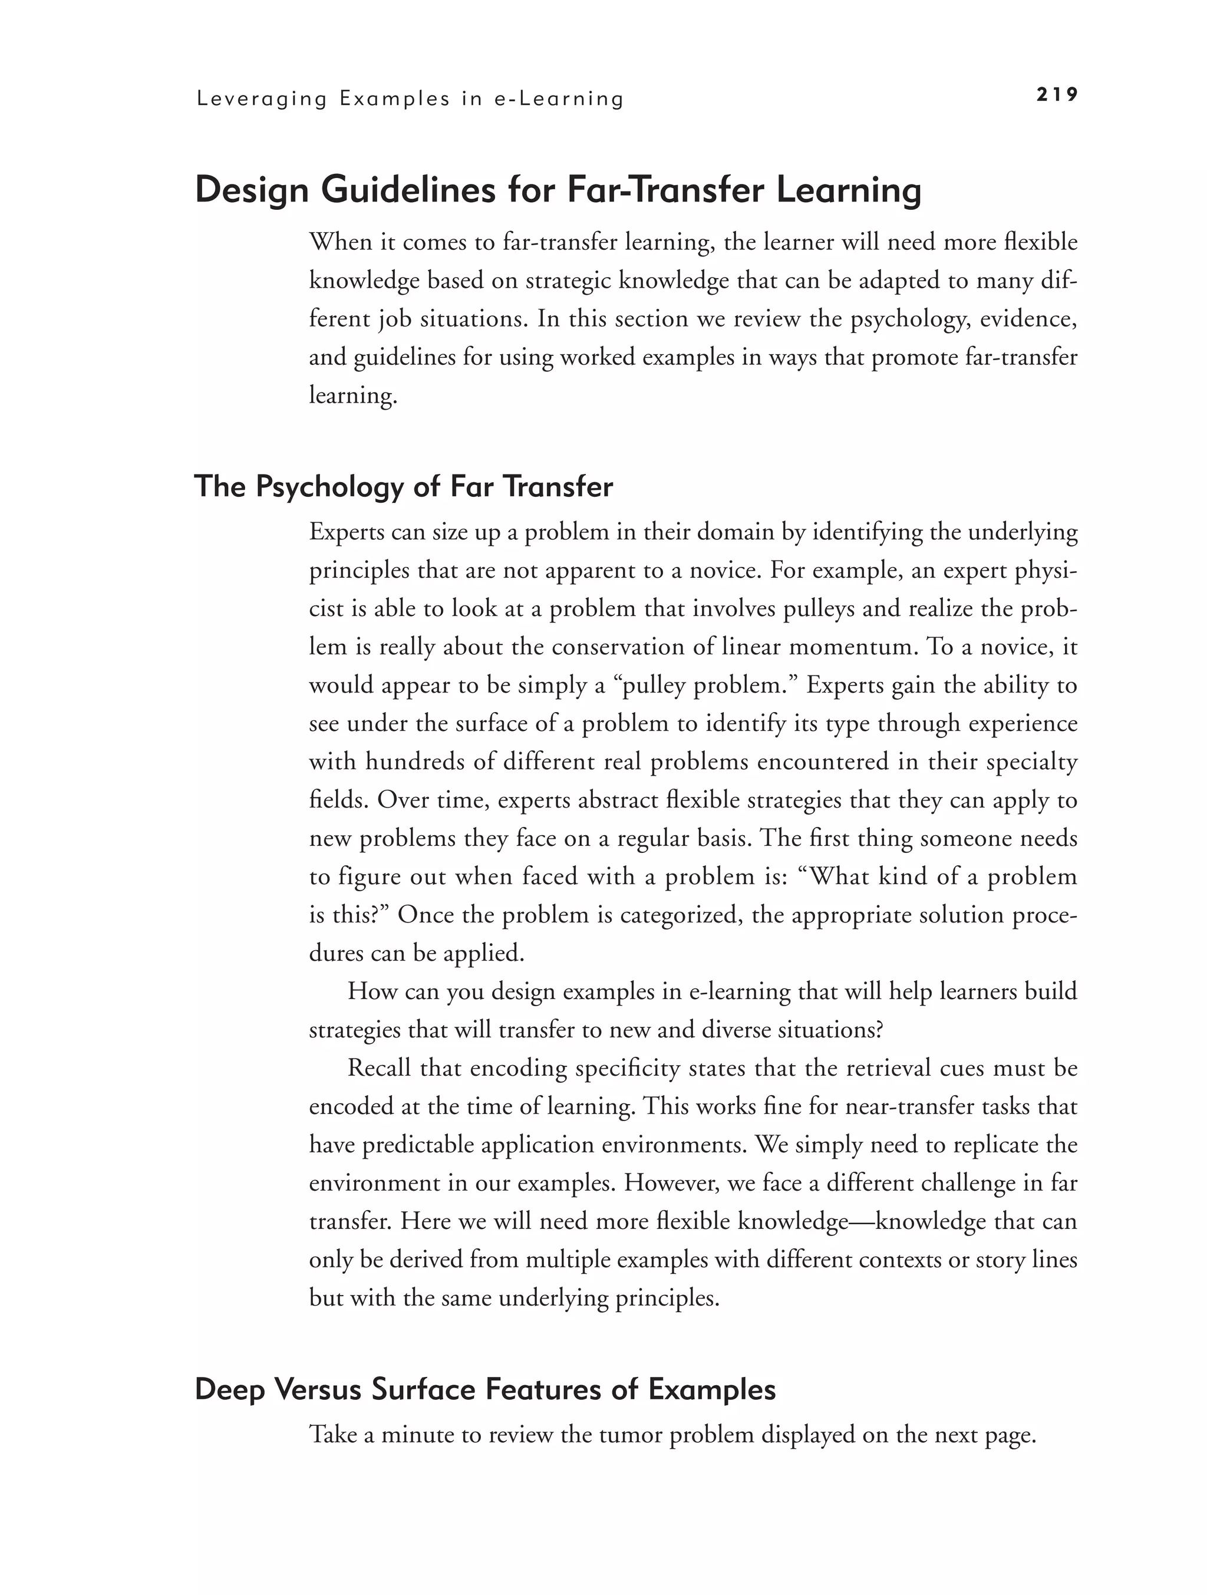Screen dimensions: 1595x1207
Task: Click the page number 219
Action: pyautogui.click(x=1057, y=94)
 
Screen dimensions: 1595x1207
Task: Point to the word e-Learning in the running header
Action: pyautogui.click(x=559, y=99)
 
